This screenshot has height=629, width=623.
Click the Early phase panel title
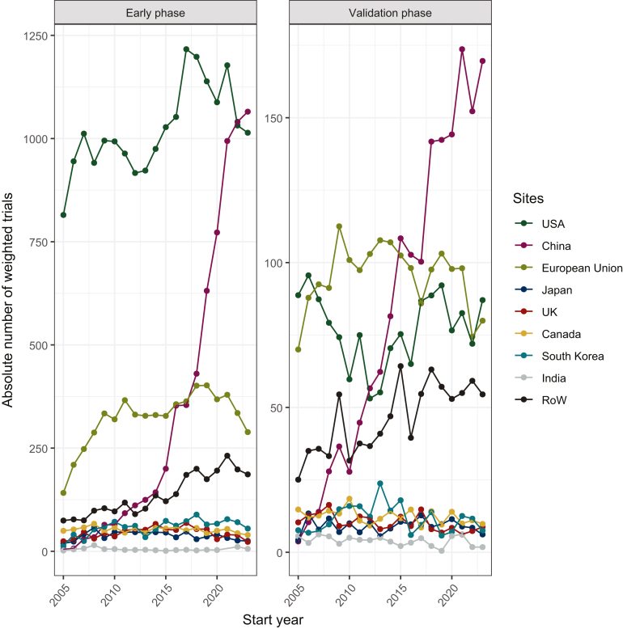[x=155, y=13]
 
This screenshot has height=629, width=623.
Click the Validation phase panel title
[x=390, y=13]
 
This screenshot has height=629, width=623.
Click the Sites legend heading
[x=528, y=198]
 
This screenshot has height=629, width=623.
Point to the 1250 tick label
[x=36, y=36]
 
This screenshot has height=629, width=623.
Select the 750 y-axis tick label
[x=39, y=243]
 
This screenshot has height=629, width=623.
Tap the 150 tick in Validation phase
[x=273, y=118]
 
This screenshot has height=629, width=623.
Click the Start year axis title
[x=273, y=620]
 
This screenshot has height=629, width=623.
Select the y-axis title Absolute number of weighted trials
[x=7, y=300]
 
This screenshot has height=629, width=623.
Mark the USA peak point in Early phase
[x=186, y=49]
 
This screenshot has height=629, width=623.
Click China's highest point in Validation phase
[x=462, y=49]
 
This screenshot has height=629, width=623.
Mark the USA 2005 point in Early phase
[x=63, y=215]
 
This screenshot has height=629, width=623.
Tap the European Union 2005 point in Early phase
[x=63, y=492]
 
